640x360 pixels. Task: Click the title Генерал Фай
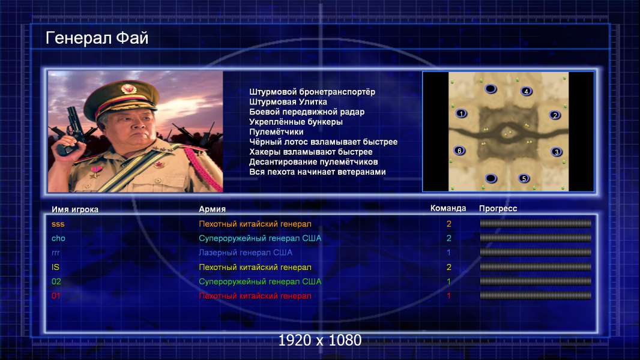[97, 38]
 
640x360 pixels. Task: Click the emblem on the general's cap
[128, 88]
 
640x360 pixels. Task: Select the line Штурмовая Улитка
[288, 101]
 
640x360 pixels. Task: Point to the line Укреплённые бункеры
[296, 121]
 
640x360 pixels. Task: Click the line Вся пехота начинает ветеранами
[318, 172]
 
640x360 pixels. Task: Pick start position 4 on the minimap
[527, 91]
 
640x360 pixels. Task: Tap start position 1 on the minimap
[461, 113]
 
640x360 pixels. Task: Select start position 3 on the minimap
[557, 152]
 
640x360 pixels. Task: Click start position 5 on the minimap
[524, 178]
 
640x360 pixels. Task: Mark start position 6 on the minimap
[460, 151]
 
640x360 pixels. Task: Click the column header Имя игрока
[74, 209]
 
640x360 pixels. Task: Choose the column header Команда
[448, 208]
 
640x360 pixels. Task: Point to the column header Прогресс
[498, 208]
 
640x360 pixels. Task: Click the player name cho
[58, 238]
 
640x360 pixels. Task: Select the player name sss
[58, 224]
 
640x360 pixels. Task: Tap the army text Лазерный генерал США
[246, 253]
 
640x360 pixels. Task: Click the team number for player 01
[448, 296]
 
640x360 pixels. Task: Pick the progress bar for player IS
[536, 267]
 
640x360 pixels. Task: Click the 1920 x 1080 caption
[320, 340]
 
